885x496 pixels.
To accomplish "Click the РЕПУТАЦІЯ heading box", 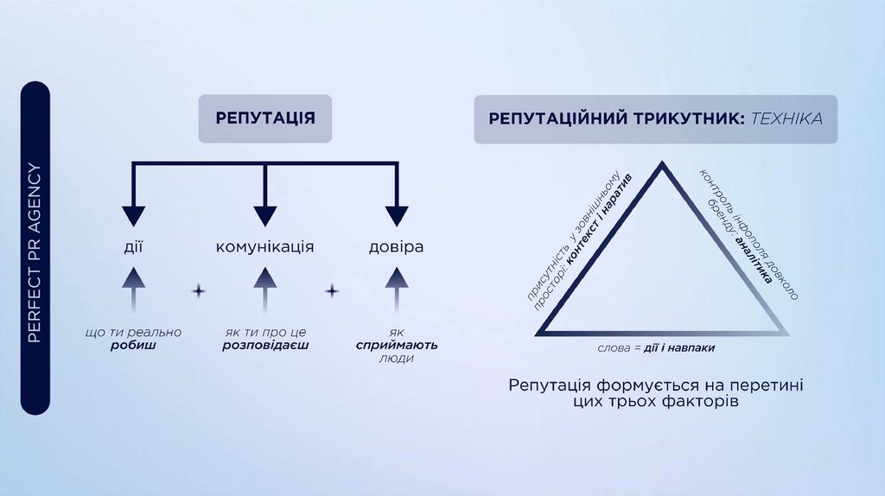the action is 264,118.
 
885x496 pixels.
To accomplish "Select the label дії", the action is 132,247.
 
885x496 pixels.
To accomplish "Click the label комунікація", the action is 264,247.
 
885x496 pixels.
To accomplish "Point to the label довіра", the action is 396,247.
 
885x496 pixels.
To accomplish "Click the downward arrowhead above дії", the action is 132,216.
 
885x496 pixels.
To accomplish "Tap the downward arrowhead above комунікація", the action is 264,216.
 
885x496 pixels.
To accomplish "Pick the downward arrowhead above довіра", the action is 396,216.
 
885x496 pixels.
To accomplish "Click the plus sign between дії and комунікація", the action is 198,291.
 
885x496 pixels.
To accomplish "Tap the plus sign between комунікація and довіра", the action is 331,291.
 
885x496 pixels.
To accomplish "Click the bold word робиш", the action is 133,345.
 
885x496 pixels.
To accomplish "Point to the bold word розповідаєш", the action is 264,345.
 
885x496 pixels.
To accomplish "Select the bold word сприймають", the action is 397,345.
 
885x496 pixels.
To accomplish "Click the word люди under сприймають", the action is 396,358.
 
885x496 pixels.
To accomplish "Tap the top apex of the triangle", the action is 663,166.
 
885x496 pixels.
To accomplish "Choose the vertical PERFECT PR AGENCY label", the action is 35,247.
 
